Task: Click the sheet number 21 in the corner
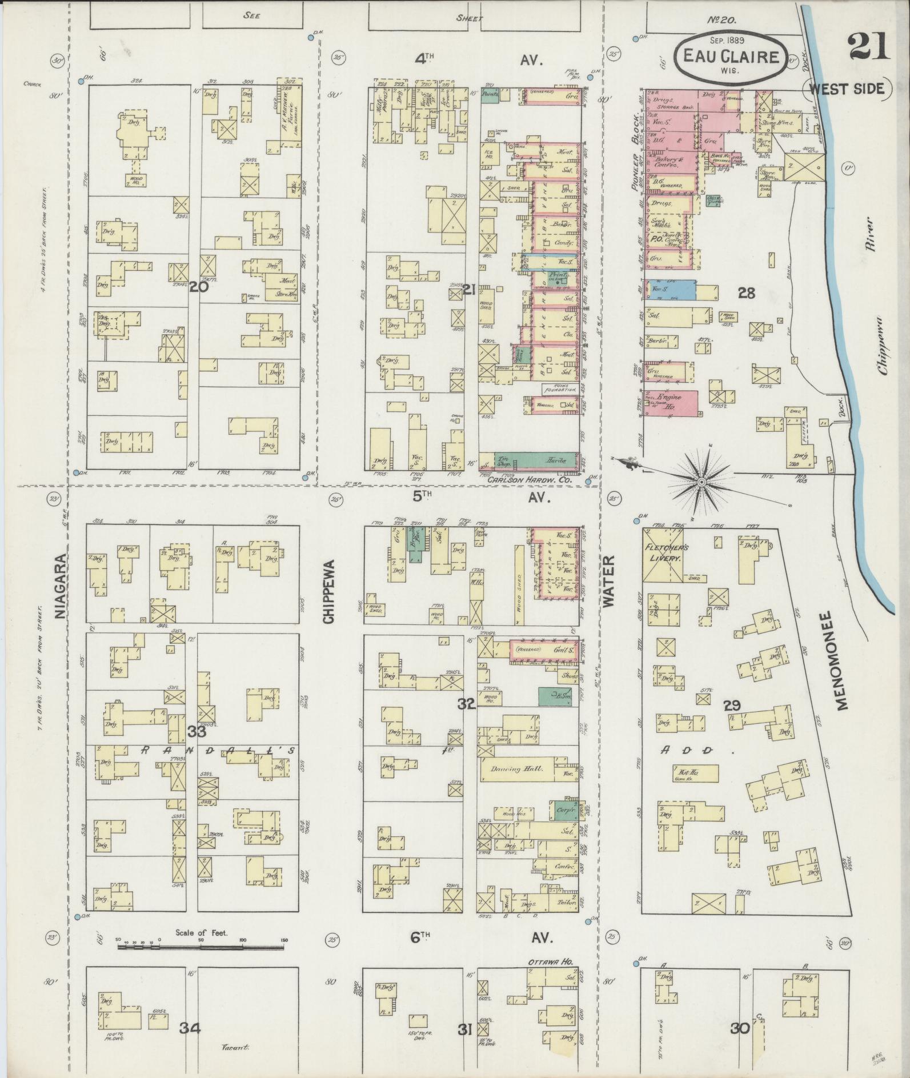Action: click(x=868, y=47)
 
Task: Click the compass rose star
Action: click(x=700, y=484)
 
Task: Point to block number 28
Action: click(x=746, y=293)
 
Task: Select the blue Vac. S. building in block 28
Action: click(x=671, y=290)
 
